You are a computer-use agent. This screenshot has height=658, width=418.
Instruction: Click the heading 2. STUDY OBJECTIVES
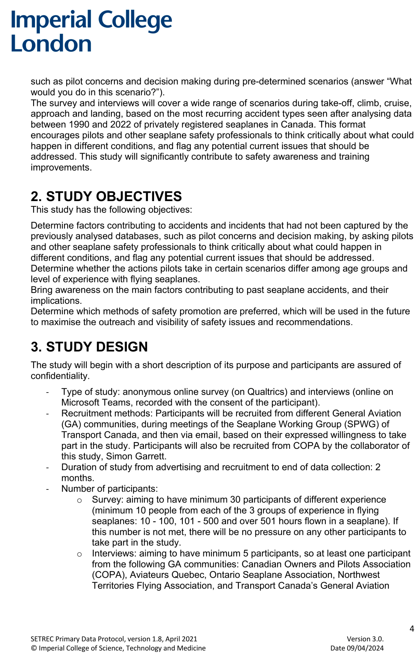tap(106, 196)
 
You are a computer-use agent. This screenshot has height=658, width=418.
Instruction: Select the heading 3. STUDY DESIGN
tap(89, 346)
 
